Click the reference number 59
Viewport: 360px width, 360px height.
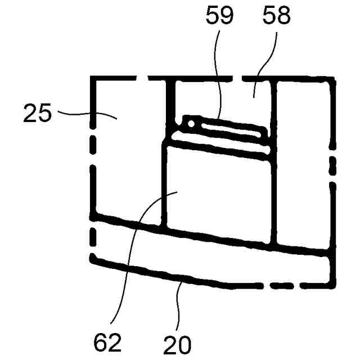point(219,16)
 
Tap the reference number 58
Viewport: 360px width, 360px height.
point(276,16)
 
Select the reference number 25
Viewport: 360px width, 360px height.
point(38,114)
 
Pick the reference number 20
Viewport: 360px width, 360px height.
point(178,343)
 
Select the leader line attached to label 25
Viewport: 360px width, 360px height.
point(84,114)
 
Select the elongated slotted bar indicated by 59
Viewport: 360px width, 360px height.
point(225,127)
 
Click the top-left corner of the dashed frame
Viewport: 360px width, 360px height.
point(93,78)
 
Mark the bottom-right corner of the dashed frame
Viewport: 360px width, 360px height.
point(331,284)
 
